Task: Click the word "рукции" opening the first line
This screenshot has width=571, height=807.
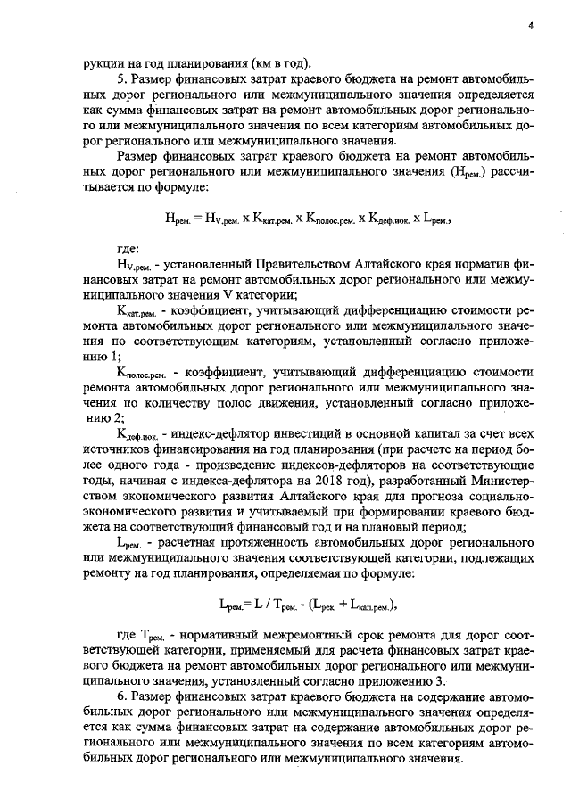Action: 101,62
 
